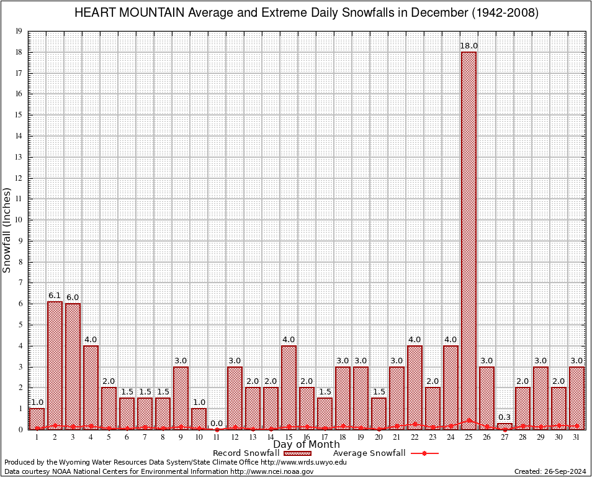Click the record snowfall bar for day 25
click(469, 240)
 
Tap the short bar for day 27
click(505, 426)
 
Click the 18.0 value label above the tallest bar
click(469, 46)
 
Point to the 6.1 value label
click(55, 296)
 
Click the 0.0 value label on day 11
click(217, 423)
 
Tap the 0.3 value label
click(505, 417)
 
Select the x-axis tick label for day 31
click(576, 437)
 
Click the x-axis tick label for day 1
click(37, 437)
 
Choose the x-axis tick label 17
click(325, 437)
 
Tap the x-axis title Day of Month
click(307, 445)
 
